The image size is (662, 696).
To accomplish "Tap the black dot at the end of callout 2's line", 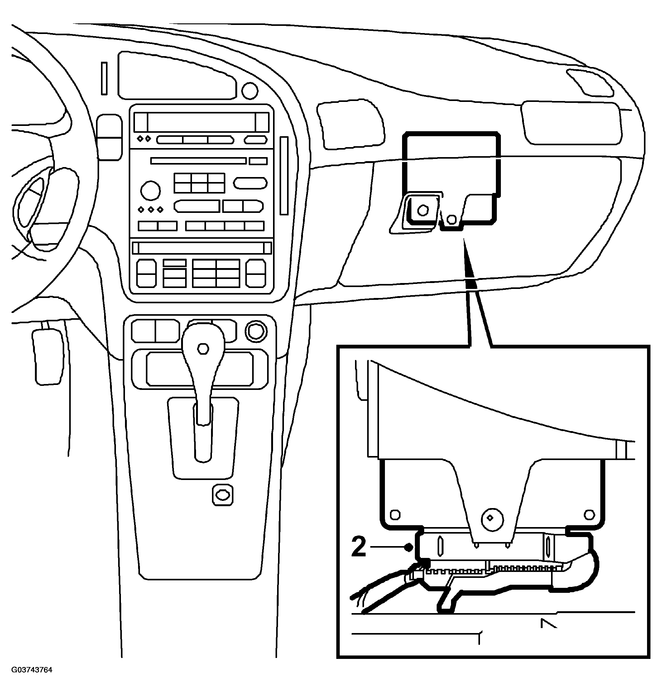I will tap(409, 547).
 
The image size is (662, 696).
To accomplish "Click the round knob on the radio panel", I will tap(150, 190).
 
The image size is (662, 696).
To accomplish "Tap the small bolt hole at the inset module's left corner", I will tap(395, 515).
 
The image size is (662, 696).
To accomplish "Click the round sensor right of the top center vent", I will tap(250, 91).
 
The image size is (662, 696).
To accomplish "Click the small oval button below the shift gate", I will tap(223, 495).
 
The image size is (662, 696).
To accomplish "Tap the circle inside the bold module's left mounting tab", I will tap(422, 210).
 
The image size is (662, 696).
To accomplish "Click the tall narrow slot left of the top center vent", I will tap(104, 78).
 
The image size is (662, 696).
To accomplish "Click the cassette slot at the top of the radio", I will tap(201, 122).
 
